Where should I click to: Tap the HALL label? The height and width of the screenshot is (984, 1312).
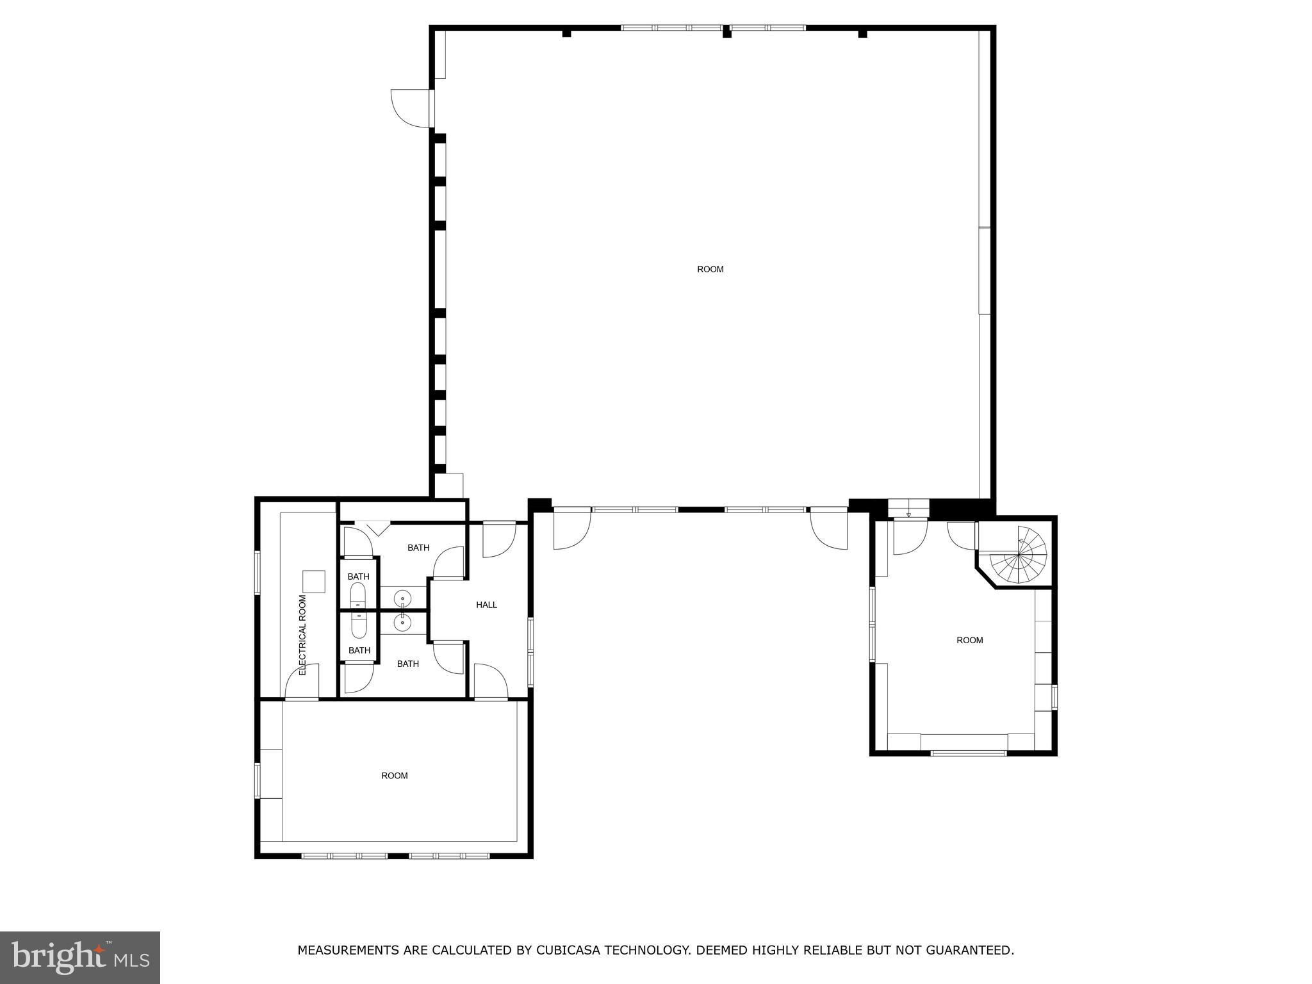click(x=486, y=605)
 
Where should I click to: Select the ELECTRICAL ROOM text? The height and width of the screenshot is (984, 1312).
click(x=303, y=635)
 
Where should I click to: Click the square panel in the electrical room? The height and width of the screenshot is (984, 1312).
click(x=314, y=582)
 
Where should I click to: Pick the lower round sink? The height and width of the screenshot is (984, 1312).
click(x=402, y=621)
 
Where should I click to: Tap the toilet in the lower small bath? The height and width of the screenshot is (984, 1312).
click(x=359, y=625)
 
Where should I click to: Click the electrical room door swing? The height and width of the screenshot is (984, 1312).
click(x=302, y=681)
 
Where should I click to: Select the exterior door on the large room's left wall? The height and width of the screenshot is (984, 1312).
click(x=412, y=108)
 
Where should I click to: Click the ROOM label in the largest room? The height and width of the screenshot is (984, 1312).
click(x=710, y=269)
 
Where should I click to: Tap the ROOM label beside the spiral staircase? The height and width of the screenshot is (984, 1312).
click(x=970, y=640)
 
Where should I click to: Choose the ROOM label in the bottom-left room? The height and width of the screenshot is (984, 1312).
click(x=395, y=776)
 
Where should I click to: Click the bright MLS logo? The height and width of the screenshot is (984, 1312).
click(x=80, y=958)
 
